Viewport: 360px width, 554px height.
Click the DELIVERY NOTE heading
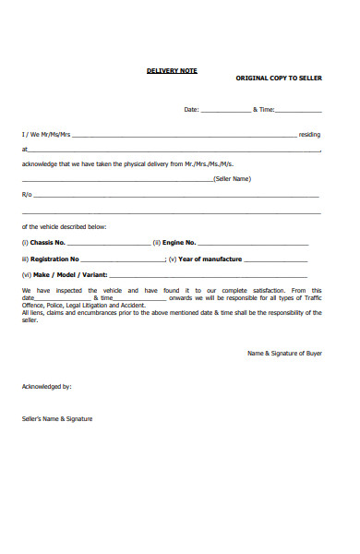[172, 70]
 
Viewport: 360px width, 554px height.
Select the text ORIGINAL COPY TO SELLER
[279, 79]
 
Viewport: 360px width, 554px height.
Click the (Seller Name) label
[232, 178]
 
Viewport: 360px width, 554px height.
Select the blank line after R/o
[175, 196]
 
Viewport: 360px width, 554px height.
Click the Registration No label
[54, 259]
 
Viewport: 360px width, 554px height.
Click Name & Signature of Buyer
[284, 353]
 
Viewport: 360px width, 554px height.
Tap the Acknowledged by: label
[46, 386]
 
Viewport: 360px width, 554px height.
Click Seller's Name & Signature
[57, 418]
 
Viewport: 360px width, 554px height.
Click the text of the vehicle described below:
[64, 226]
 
